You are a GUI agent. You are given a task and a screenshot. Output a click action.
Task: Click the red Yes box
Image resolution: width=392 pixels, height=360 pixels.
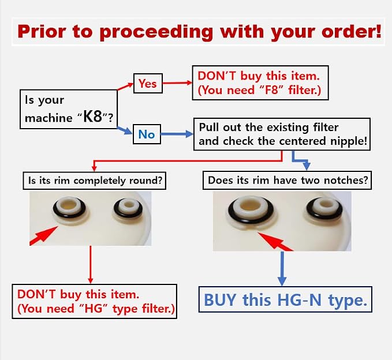pos(148,84)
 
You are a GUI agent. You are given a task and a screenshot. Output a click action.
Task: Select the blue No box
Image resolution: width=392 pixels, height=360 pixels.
pos(147,134)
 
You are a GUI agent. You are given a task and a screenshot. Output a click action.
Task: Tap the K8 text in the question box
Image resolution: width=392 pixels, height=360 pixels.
pos(93,116)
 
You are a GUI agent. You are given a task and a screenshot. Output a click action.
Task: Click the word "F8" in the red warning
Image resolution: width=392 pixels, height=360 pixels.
pos(271,90)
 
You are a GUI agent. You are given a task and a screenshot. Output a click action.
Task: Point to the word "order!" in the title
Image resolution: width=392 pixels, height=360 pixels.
pos(352,32)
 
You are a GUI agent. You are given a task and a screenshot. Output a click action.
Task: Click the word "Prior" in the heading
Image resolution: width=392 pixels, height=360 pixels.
pos(42,32)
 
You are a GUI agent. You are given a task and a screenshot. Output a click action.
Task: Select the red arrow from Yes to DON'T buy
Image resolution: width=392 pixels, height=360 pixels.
pos(177,82)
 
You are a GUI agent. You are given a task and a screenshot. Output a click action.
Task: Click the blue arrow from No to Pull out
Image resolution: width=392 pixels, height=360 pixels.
pos(177,134)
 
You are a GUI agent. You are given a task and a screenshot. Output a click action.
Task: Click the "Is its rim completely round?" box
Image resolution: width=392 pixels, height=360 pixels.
pos(95,181)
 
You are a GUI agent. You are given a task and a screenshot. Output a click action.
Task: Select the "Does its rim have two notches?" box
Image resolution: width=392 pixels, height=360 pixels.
pos(288,180)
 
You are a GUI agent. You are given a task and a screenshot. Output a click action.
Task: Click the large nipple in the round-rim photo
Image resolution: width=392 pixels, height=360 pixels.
pos(70,211)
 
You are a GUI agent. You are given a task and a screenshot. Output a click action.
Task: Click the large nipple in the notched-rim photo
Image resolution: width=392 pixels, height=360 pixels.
pos(251,211)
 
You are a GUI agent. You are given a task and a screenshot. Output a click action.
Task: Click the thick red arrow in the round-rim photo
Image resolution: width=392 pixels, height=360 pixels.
pos(43,235)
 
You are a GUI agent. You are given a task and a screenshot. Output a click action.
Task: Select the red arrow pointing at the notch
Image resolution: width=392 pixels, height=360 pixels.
pos(275,242)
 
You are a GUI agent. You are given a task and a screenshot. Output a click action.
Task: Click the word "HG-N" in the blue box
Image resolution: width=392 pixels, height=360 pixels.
pos(299,300)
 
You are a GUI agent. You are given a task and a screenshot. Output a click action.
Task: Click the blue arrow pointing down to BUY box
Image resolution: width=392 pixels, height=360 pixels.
pos(282,269)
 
